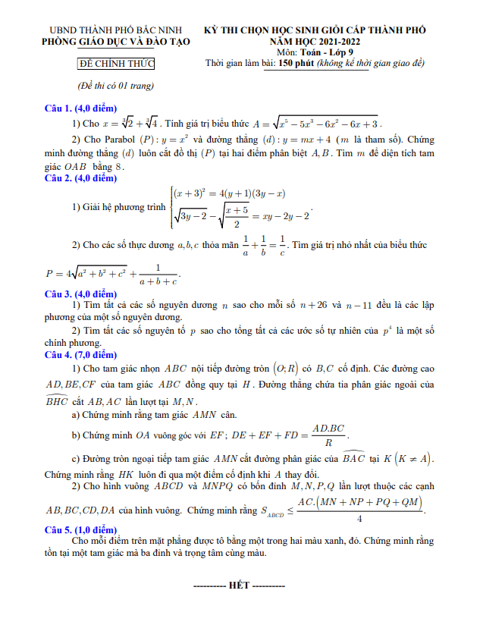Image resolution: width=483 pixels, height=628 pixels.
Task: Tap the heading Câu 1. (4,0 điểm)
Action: tap(79, 108)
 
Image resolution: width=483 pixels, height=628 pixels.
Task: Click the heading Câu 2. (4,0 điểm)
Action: tap(79, 178)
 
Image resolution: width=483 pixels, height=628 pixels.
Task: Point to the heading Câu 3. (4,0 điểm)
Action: tap(79, 294)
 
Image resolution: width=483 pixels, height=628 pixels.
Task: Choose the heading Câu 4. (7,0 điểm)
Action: tap(79, 354)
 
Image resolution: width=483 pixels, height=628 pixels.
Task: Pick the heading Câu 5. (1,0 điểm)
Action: tap(79, 529)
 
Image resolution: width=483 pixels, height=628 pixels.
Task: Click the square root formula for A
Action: tap(318, 124)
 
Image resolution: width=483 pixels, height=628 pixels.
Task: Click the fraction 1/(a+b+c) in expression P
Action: tap(158, 274)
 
